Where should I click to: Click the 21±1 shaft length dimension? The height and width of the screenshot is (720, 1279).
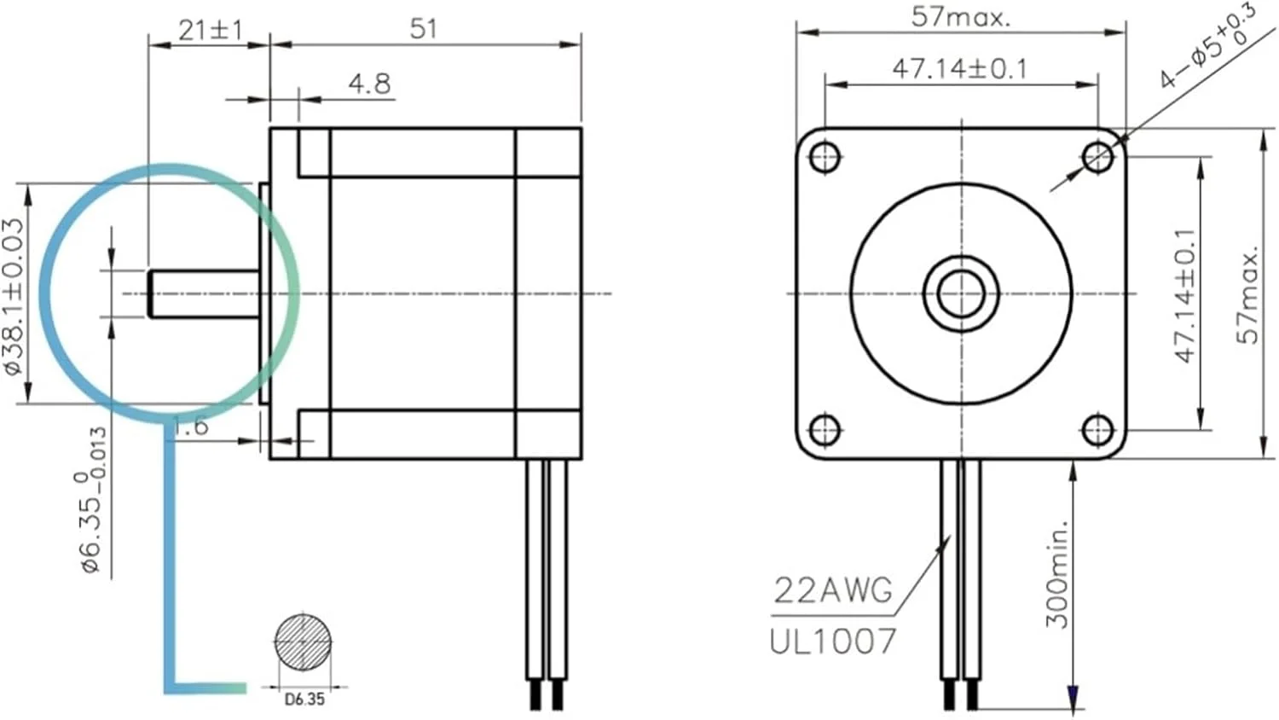coord(210,30)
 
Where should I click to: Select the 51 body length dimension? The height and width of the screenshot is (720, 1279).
coord(424,29)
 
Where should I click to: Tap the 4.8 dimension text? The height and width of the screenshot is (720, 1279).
coord(369,84)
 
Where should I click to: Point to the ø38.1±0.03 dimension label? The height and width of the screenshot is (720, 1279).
coord(14,296)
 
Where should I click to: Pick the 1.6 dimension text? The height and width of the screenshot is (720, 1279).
coord(190,426)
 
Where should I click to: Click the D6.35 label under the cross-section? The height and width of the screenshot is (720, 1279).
coord(304,700)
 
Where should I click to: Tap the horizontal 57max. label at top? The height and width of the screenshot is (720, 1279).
coord(960,16)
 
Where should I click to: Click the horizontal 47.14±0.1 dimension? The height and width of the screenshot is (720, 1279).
coord(960,68)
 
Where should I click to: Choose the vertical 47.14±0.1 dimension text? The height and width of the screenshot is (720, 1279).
coord(1186,295)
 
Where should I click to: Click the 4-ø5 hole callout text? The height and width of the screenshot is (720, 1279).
coord(1206,47)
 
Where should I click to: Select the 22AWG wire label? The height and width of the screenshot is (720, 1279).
coord(832,590)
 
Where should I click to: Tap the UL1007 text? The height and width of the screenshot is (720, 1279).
coord(832,642)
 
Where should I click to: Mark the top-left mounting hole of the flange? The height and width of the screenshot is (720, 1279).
coord(825,157)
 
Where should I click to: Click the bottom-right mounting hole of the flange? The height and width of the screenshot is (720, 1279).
coord(1097,430)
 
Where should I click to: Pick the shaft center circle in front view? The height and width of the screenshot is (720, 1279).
coord(961,293)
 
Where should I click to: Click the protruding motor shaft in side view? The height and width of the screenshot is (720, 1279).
coord(205,293)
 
